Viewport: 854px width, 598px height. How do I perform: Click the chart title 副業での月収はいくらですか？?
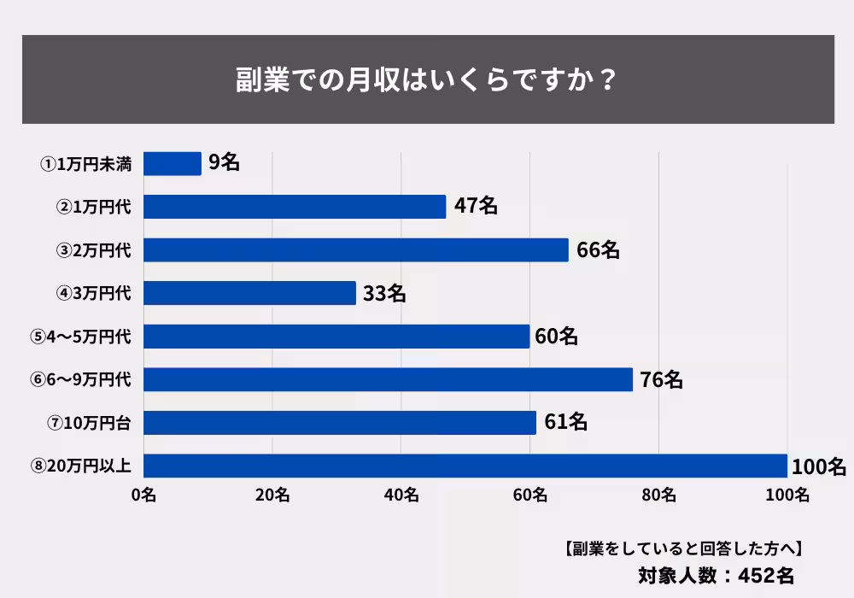(427, 80)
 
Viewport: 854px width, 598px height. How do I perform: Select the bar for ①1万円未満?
(173, 163)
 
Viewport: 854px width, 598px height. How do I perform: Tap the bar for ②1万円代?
(295, 207)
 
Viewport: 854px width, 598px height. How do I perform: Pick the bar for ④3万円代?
(249, 293)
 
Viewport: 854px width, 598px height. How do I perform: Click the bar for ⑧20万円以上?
(465, 466)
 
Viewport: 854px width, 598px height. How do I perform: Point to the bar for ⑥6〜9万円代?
(388, 379)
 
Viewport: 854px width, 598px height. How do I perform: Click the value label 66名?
(598, 250)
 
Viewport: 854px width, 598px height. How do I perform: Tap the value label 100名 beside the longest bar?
(818, 466)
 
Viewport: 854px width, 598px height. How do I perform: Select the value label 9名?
(224, 163)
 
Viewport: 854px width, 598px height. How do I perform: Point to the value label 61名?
(565, 422)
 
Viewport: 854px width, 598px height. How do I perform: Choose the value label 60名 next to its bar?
(556, 337)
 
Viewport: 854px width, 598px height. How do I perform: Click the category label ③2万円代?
(94, 250)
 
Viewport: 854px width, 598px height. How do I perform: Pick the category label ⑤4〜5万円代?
(80, 337)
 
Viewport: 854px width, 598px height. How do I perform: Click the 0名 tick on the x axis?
(143, 495)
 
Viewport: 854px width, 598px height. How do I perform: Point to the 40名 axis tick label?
(401, 495)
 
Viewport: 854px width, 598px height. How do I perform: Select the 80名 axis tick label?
(658, 495)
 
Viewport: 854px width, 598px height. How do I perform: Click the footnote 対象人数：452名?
(717, 573)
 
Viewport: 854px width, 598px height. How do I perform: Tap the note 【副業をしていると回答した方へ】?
(681, 548)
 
